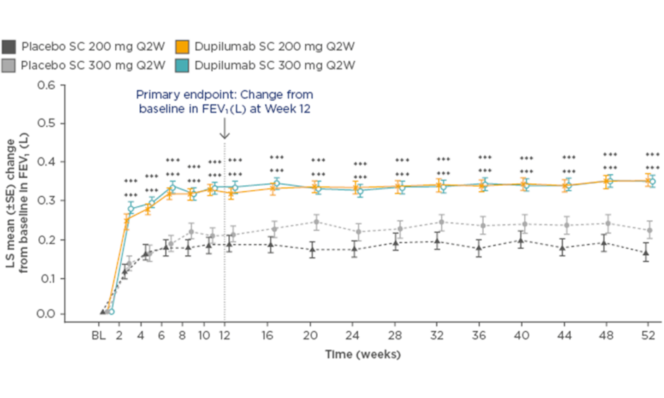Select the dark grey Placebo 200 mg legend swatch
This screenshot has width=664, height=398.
(x=9, y=47)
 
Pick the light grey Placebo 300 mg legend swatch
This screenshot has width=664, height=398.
(x=9, y=65)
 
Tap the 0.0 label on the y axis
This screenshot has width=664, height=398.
(x=46, y=314)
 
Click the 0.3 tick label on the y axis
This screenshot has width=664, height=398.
(x=46, y=200)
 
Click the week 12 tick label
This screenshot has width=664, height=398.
(x=225, y=335)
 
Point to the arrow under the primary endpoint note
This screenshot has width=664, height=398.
(x=225, y=129)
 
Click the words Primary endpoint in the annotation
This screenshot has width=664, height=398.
(x=170, y=94)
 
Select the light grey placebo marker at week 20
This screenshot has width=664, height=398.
(x=316, y=222)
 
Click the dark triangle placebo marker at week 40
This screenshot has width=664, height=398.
(x=521, y=240)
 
